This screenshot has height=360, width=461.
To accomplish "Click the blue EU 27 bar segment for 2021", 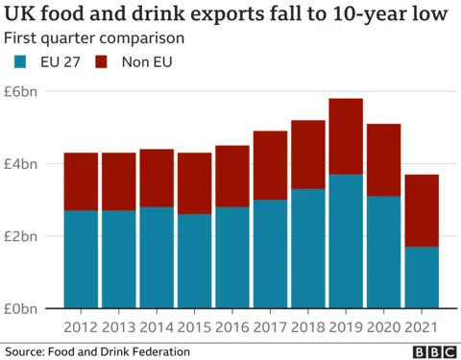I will tap(420, 277).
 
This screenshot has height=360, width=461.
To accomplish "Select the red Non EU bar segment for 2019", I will tap(345, 136).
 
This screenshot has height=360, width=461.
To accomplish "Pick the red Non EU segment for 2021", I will tap(420, 210).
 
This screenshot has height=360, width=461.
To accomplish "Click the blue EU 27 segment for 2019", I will tap(345, 241).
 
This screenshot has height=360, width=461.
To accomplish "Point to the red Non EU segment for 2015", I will tap(195, 183).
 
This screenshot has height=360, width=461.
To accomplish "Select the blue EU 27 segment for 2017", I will tap(270, 253).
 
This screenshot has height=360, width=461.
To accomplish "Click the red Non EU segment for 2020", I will tap(382, 159).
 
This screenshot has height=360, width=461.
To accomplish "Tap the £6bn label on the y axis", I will tap(22, 91).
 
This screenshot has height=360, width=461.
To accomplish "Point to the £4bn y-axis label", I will tap(22, 163).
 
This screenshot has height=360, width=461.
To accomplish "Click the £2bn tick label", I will tap(22, 236).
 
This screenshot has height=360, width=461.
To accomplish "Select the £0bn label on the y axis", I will tap(22, 308).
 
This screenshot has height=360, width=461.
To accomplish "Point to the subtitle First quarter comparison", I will tap(94, 38).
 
